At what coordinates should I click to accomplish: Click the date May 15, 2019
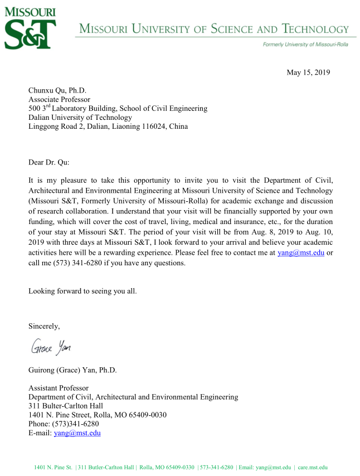pyautogui.click(x=308, y=72)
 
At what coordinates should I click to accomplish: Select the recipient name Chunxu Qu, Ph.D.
pyautogui.click(x=57, y=90)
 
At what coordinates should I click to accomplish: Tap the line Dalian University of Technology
pyautogui.click(x=80, y=117)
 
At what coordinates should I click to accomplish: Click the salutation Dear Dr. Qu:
pyautogui.click(x=50, y=163)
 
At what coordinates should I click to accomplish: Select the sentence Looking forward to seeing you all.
pyautogui.click(x=82, y=290)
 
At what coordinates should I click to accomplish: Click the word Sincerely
pyautogui.click(x=44, y=326)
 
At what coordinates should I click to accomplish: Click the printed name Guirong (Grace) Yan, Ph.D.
pyautogui.click(x=72, y=370)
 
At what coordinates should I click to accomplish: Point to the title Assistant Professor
pyautogui.click(x=59, y=388)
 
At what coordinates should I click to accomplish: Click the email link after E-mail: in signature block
pyautogui.click(x=77, y=433)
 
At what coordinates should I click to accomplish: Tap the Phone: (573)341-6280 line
pyautogui.click(x=64, y=424)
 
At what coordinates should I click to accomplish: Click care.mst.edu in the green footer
pyautogui.click(x=314, y=467)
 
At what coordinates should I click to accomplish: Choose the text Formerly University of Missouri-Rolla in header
pyautogui.click(x=305, y=45)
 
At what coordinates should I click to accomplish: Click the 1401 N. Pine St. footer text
pyautogui.click(x=53, y=467)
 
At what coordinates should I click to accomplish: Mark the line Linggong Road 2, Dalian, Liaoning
pyautogui.click(x=108, y=126)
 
